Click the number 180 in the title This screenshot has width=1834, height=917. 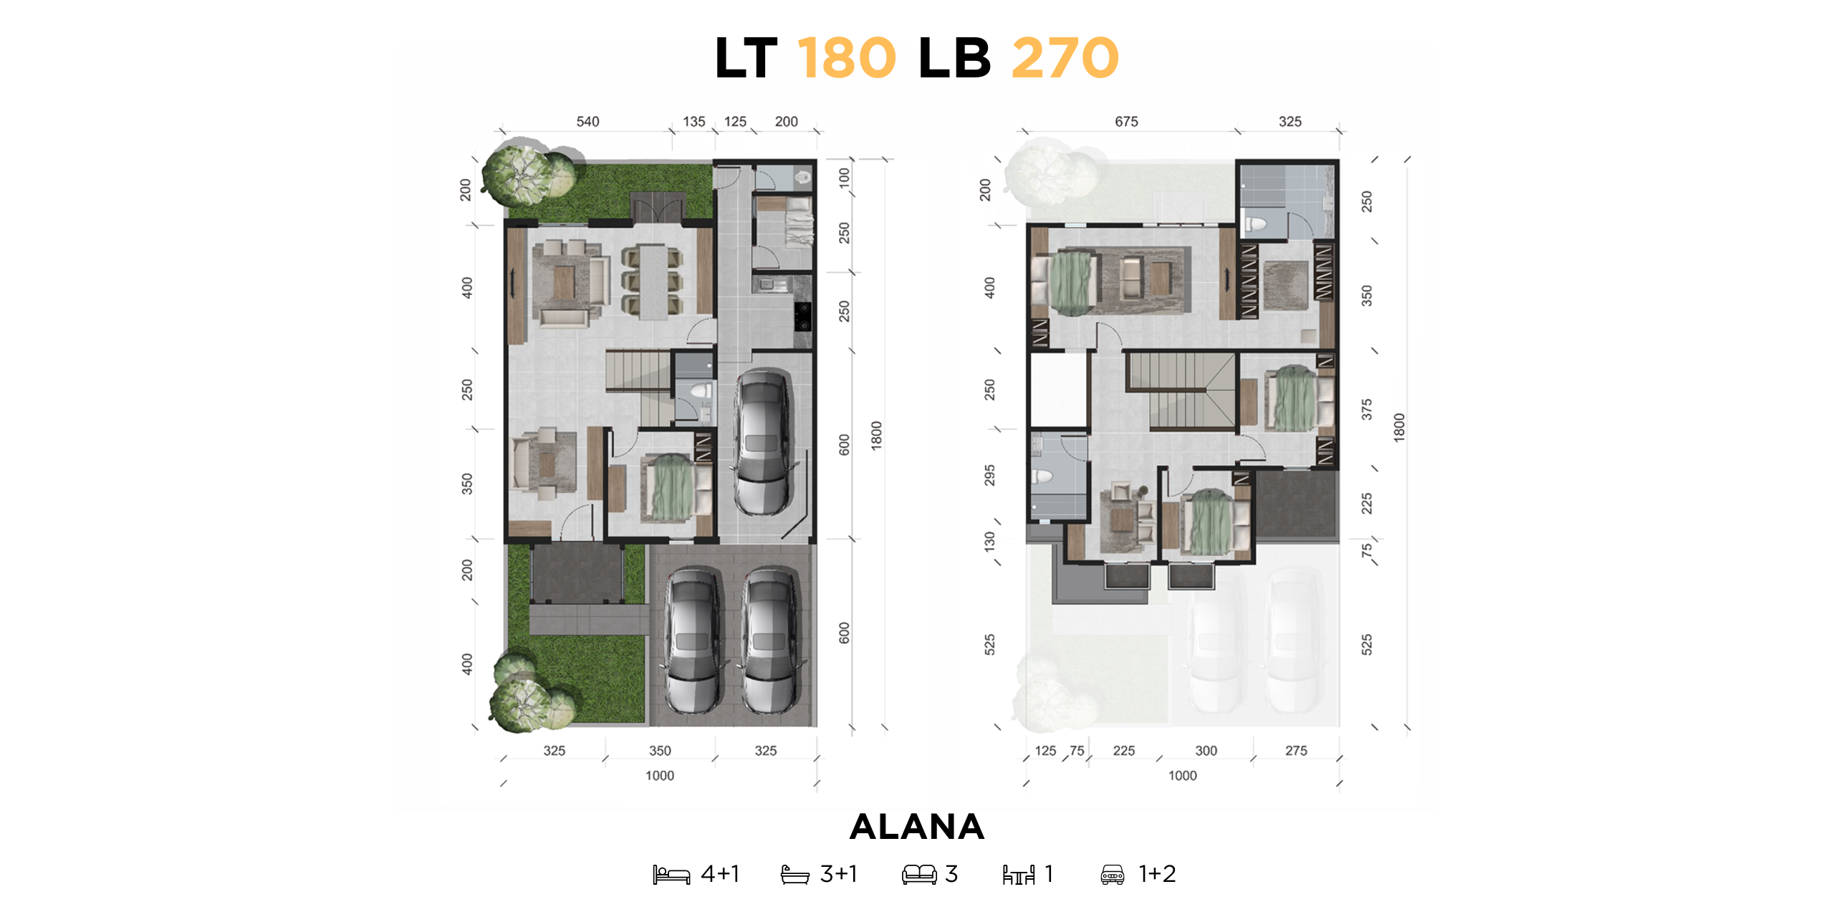tap(846, 59)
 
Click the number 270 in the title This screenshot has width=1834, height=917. tap(1065, 59)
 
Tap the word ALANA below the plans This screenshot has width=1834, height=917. tap(916, 827)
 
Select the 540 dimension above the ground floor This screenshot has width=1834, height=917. tap(587, 122)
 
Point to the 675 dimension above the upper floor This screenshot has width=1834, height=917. tap(1126, 122)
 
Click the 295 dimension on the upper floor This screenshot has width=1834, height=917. tap(989, 475)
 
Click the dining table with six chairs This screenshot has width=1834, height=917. tap(652, 282)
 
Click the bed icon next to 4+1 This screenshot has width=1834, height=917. tap(671, 875)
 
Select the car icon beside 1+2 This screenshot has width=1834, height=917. tap(1112, 875)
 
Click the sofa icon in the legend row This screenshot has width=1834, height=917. tap(919, 875)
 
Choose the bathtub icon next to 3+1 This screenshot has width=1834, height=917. tap(794, 875)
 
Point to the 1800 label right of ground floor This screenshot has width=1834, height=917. tap(876, 436)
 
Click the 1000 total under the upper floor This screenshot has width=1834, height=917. tap(1182, 776)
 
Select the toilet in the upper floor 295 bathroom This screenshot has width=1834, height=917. tap(1042, 476)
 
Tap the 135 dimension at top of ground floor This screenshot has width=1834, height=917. tap(693, 122)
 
